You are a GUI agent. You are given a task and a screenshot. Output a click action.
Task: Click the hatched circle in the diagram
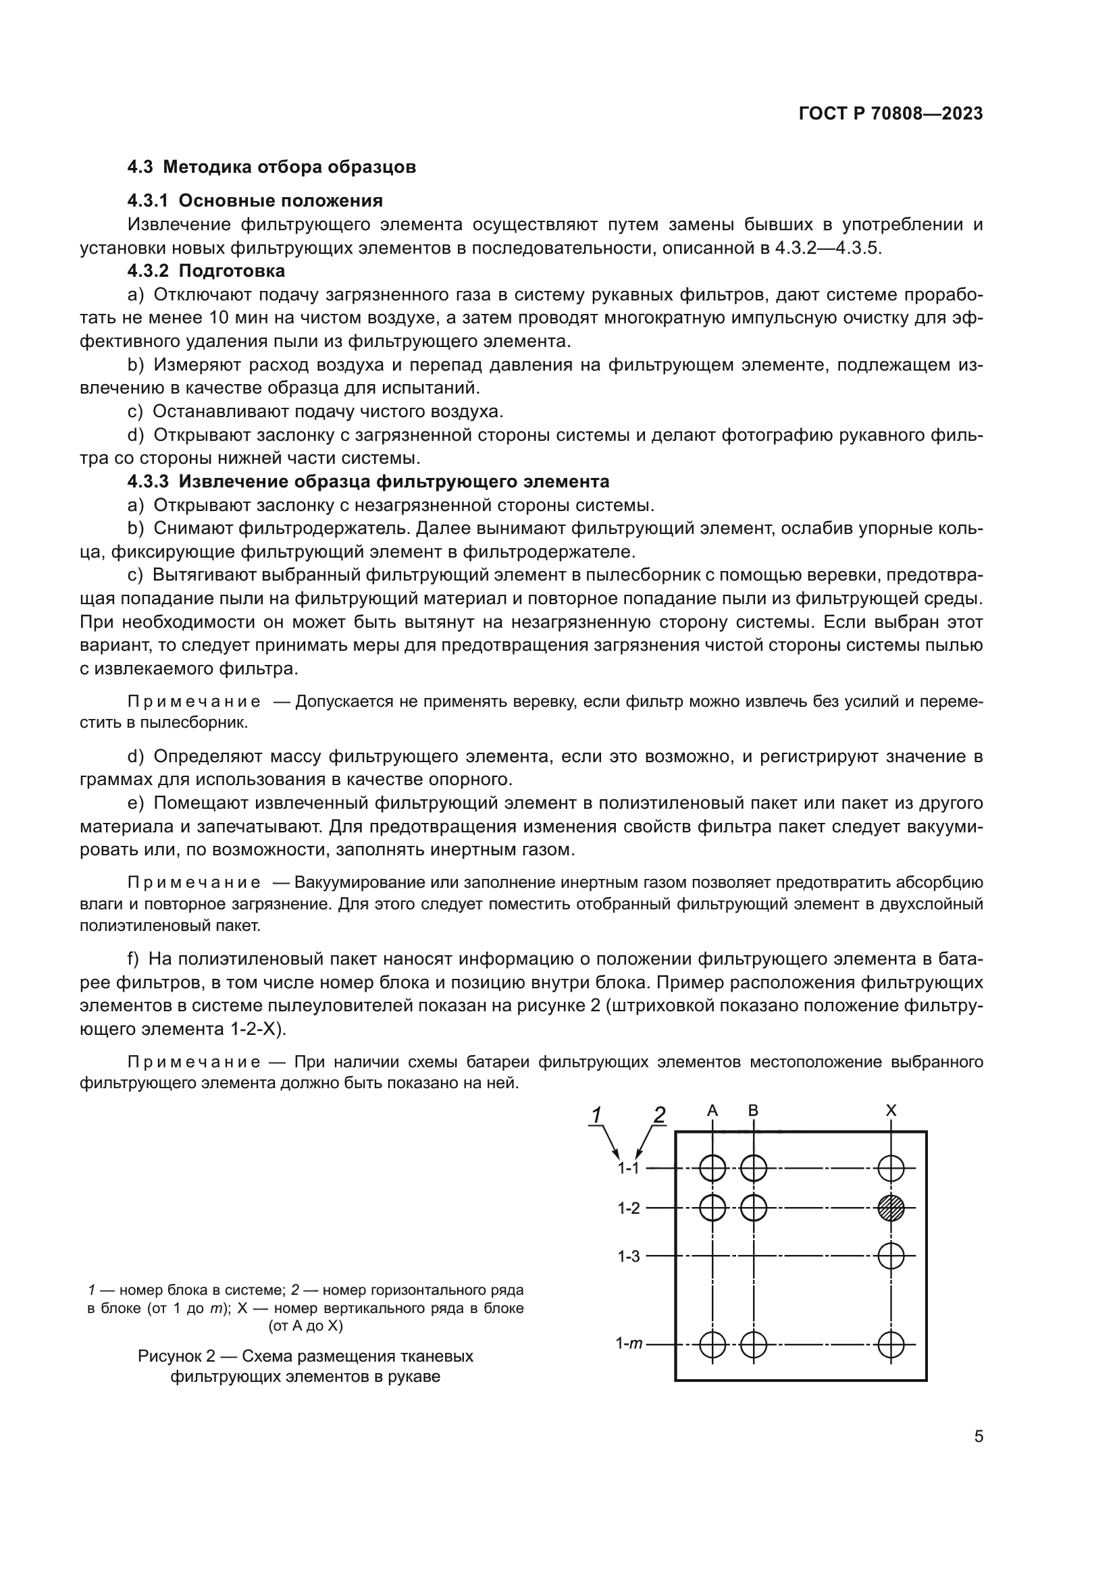tap(891, 1208)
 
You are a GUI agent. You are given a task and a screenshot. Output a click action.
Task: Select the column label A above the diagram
tap(712, 1110)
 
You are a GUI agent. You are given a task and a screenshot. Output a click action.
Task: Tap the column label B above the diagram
tap(753, 1110)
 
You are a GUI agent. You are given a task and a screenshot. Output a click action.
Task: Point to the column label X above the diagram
tap(891, 1110)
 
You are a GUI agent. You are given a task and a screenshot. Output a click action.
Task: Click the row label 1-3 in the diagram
tap(629, 1256)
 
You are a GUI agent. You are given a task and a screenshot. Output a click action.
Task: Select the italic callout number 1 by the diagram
tap(596, 1115)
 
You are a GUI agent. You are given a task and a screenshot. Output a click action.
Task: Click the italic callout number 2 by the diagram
tap(659, 1115)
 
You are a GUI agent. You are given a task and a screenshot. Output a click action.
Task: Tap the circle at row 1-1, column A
tap(712, 1168)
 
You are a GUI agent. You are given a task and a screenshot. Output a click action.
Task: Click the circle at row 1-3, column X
tap(891, 1256)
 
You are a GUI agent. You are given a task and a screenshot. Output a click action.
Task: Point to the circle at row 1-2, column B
tap(754, 1208)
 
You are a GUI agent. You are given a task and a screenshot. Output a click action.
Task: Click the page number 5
tap(978, 1437)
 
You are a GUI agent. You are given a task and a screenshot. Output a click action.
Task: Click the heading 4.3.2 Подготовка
tap(207, 271)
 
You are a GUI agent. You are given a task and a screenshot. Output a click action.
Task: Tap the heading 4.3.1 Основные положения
tap(255, 200)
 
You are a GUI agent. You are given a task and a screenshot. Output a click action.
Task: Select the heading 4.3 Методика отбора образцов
tap(271, 167)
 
